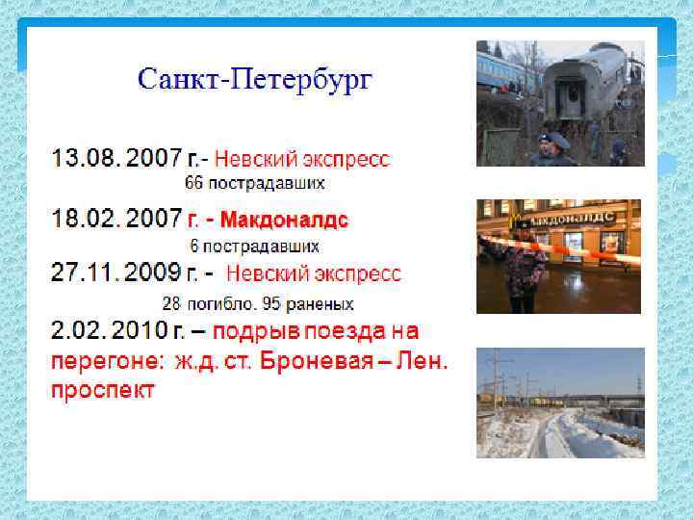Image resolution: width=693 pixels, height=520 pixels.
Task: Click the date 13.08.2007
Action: click(x=115, y=158)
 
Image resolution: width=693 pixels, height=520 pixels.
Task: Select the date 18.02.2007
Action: click(x=115, y=220)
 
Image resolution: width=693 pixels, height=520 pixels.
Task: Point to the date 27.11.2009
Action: click(x=115, y=273)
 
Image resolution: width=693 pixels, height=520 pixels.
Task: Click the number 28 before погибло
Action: click(x=170, y=303)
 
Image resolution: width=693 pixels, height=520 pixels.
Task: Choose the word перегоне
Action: click(x=106, y=362)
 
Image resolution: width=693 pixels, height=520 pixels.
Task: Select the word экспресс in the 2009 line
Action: click(x=352, y=273)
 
